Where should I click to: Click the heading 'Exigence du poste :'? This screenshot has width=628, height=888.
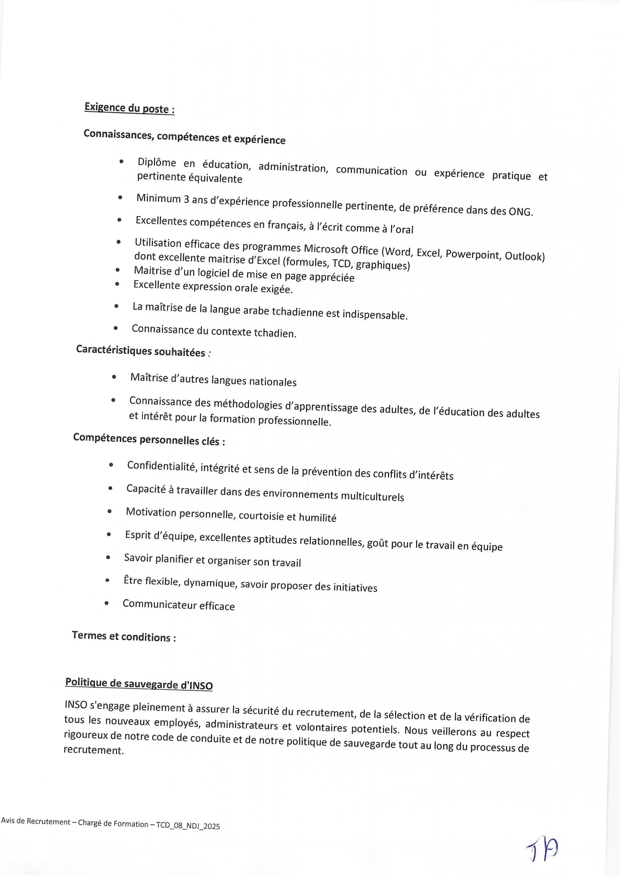click(129, 108)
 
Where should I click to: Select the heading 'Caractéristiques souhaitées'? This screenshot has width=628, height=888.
click(141, 351)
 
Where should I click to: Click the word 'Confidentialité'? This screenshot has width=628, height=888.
click(161, 466)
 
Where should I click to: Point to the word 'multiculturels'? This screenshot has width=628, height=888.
click(372, 496)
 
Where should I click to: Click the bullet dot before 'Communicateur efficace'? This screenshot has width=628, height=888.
click(107, 604)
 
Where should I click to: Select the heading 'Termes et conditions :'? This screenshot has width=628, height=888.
click(124, 636)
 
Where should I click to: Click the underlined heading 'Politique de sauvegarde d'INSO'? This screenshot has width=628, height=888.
click(139, 684)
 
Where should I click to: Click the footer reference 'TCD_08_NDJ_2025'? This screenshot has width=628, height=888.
click(188, 826)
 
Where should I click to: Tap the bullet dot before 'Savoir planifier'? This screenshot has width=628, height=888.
click(108, 557)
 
